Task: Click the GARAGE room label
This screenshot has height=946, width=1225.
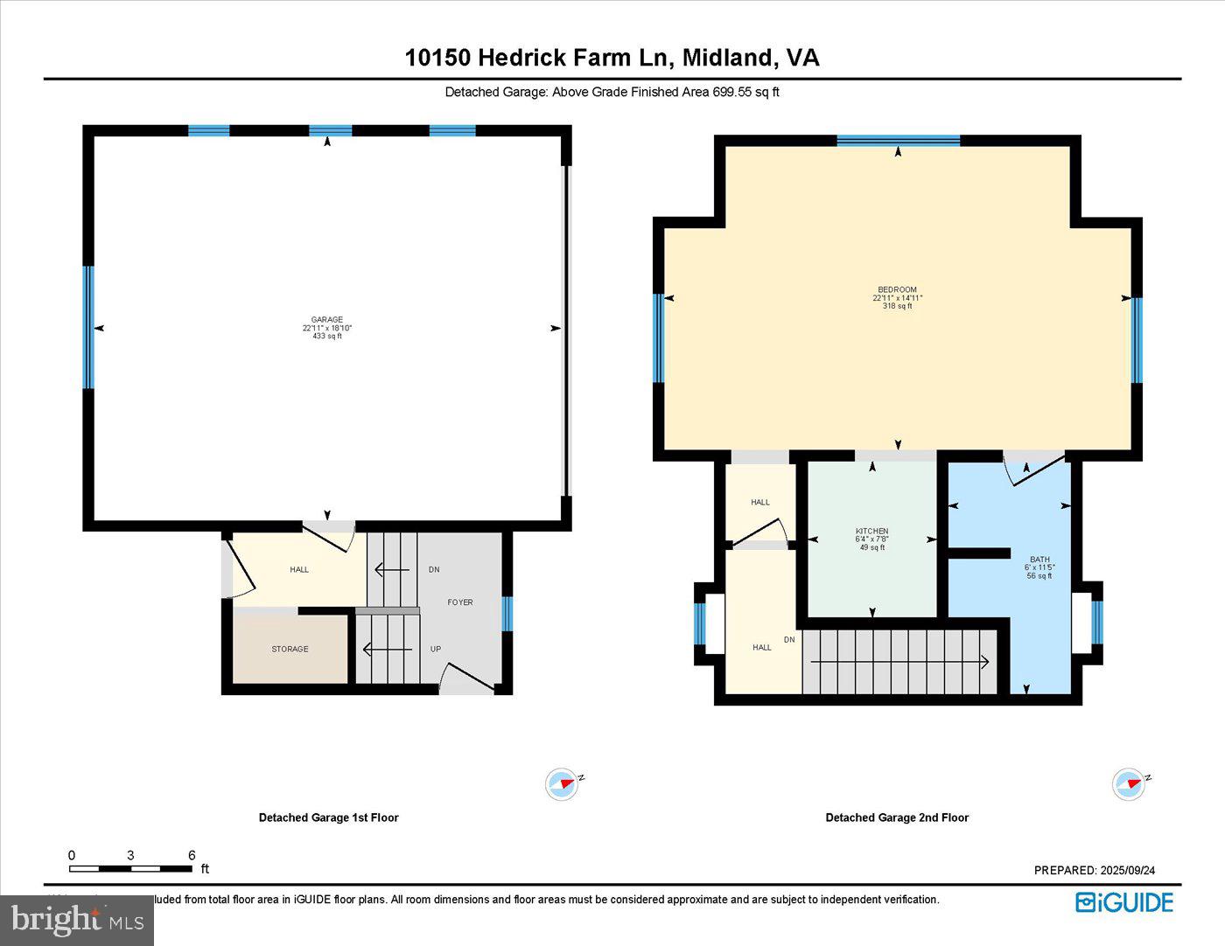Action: [327, 320]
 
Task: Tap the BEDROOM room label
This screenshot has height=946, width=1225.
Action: [897, 290]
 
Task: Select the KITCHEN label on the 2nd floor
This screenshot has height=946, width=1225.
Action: [871, 532]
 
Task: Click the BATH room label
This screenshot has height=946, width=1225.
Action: [1039, 560]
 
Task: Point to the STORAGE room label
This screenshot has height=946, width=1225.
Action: [290, 649]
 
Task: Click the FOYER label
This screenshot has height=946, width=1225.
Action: [460, 602]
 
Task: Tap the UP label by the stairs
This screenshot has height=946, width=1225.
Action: [435, 649]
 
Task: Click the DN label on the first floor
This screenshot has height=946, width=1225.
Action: [434, 569]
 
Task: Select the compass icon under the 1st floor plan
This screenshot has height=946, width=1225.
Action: [562, 783]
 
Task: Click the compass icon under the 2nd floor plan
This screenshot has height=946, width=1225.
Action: [1129, 783]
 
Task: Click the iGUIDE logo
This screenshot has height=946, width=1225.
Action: [1124, 901]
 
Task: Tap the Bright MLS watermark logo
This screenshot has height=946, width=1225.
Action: [77, 920]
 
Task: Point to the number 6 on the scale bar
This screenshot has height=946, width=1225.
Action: [192, 855]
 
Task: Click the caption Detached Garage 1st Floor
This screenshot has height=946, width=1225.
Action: [328, 817]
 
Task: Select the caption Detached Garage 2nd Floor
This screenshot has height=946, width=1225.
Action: [897, 817]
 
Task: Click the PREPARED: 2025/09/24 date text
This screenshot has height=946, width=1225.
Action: [1095, 870]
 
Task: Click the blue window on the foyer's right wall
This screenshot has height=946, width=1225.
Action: [507, 613]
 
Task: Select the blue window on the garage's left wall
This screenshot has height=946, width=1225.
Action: [88, 327]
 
